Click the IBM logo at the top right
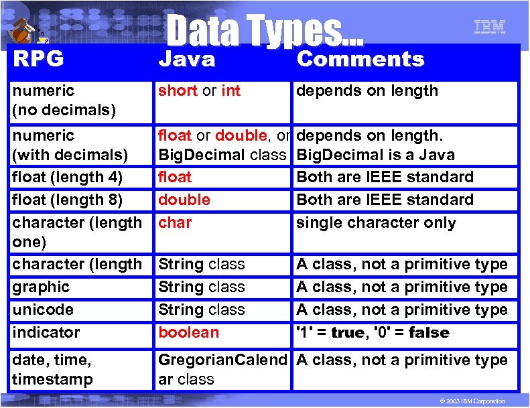tap(489, 27)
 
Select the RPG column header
tap(38, 60)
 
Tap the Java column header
tap(187, 60)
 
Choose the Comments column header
tap(360, 60)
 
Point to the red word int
tap(230, 90)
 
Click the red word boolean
tap(188, 332)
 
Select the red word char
tap(175, 222)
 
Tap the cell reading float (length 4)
tap(68, 178)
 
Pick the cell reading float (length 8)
tap(68, 200)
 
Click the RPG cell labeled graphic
tap(41, 287)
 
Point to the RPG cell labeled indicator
tap(46, 332)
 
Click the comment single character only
tap(376, 222)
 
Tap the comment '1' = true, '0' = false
tap(373, 332)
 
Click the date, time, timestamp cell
tap(52, 369)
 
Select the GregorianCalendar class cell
tap(222, 369)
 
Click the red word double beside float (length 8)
tap(184, 200)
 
